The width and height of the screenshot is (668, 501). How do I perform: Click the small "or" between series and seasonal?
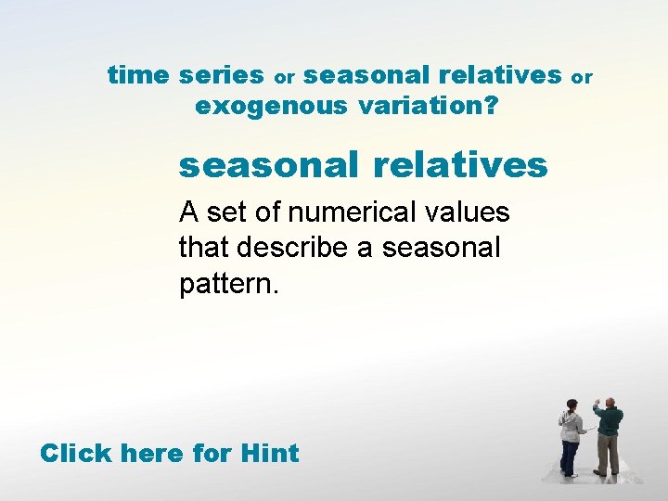[x=284, y=77]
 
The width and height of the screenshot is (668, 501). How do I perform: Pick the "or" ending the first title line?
[x=581, y=77]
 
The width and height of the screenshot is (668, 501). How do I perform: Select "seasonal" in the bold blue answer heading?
[x=268, y=166]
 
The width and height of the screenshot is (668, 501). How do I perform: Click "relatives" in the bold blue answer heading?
[x=460, y=166]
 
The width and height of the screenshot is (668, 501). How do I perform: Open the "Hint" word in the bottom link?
[x=269, y=454]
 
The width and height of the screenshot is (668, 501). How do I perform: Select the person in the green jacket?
[x=608, y=436]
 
